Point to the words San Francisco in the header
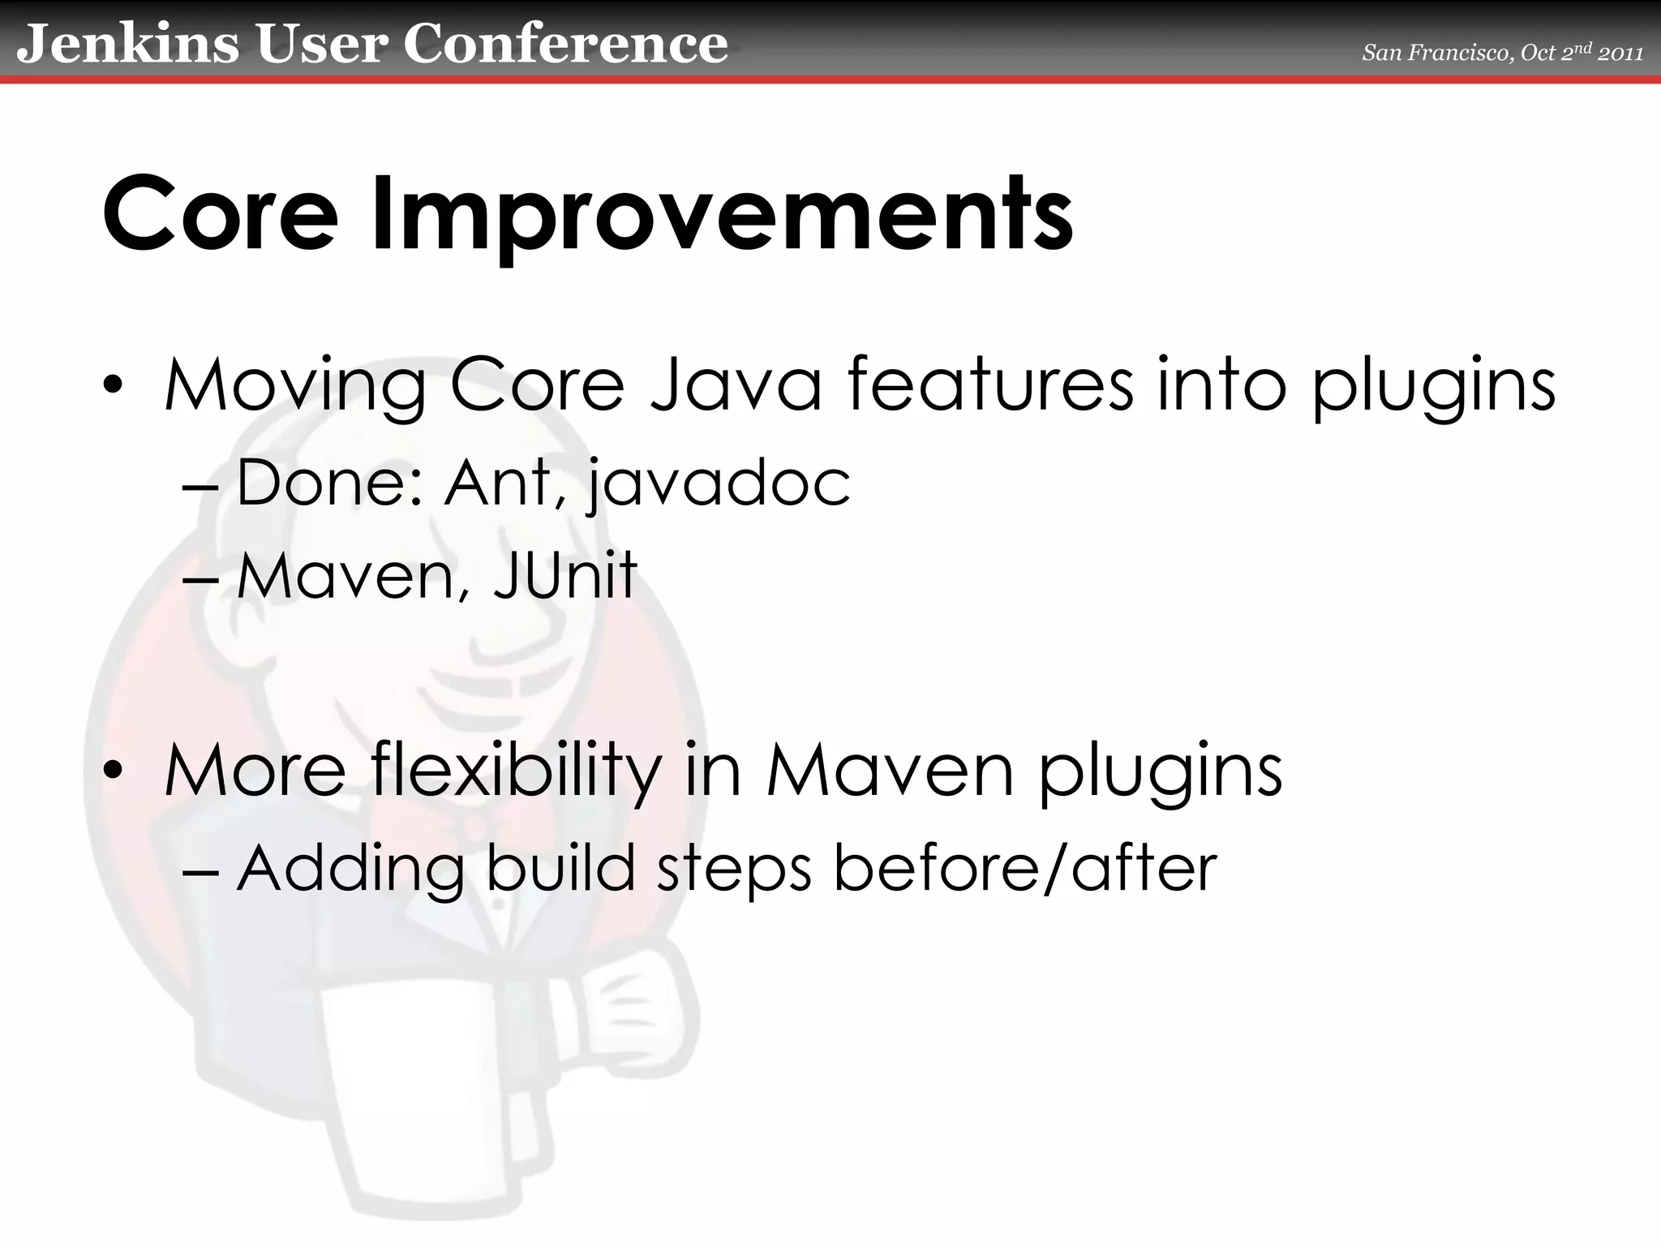(1436, 54)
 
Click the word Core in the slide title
(220, 214)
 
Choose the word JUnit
(564, 575)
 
